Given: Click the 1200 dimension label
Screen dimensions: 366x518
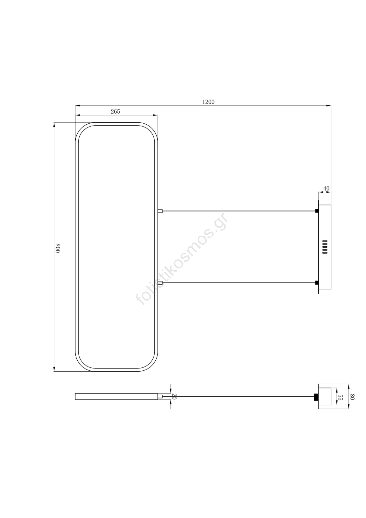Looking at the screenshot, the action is [x=208, y=102].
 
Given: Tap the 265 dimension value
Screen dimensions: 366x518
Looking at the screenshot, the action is [x=116, y=111].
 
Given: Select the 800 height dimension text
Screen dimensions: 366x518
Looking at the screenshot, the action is [x=58, y=248].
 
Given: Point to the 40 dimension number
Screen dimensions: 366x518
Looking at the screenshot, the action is [x=326, y=188].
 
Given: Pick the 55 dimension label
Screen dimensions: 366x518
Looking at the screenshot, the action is [x=340, y=397].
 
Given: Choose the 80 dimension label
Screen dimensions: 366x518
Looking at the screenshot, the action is [x=352, y=397].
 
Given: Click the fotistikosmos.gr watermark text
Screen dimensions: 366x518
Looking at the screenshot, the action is [x=182, y=259].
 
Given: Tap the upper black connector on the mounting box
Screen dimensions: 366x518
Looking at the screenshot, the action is [x=317, y=211].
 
